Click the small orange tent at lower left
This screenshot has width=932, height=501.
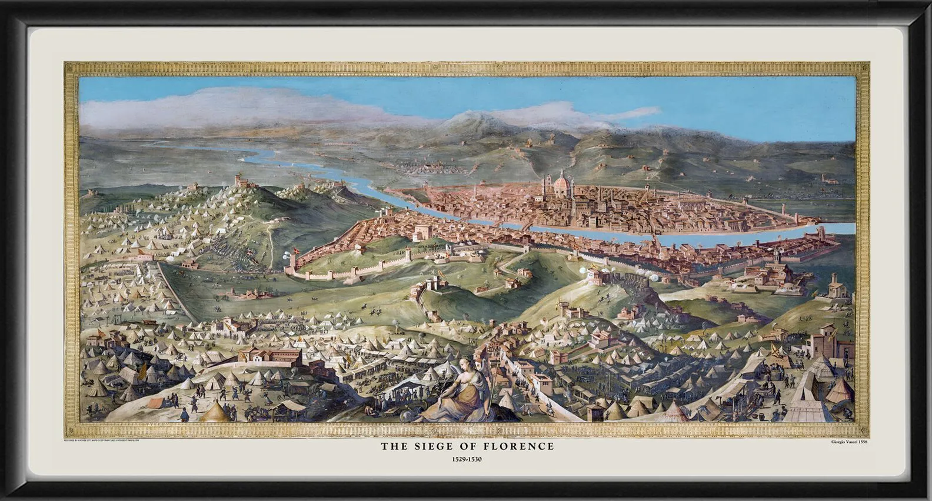coord(156,402)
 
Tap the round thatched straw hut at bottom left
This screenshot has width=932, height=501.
coord(214,411)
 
